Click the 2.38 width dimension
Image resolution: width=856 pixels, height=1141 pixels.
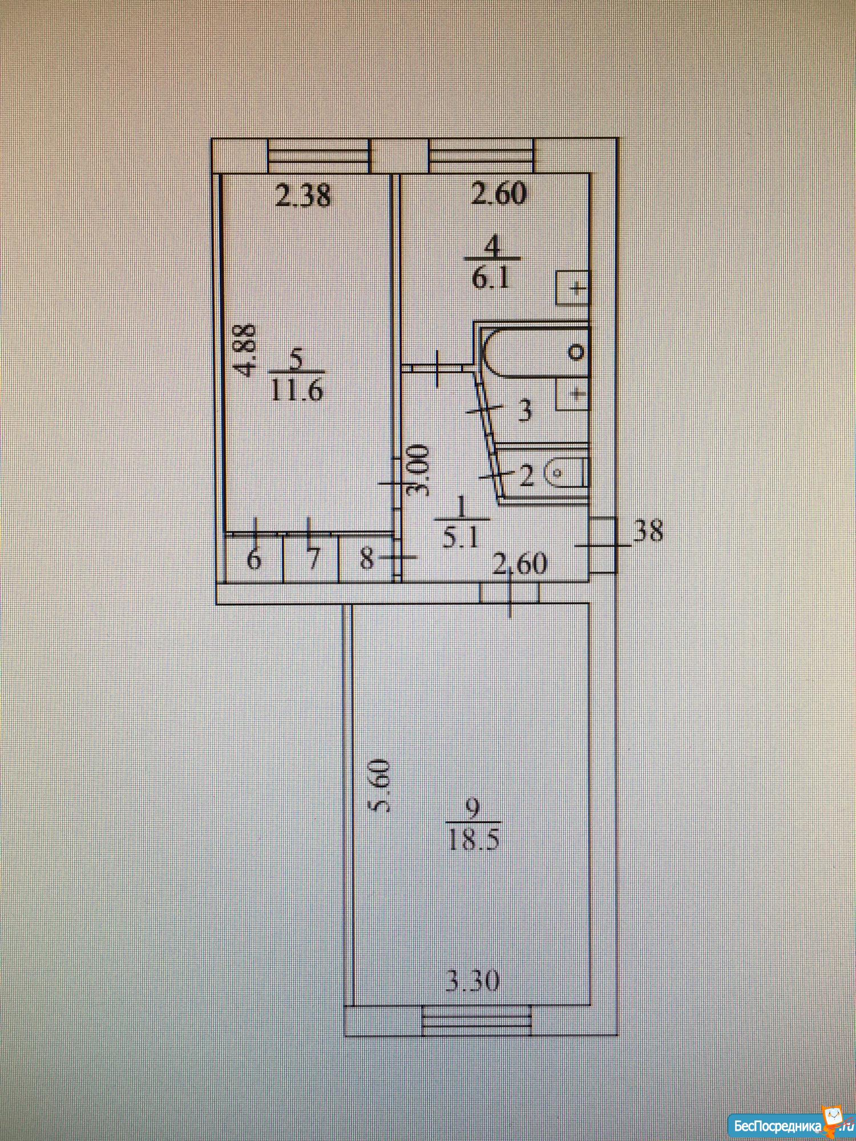(302, 196)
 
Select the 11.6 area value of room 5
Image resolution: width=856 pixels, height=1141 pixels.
(297, 391)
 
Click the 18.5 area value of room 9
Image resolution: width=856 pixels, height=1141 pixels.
(474, 839)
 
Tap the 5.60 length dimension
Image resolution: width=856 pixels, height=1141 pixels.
(379, 784)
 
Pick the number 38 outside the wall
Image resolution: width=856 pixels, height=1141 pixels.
(649, 531)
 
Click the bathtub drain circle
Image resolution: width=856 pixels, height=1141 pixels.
(577, 352)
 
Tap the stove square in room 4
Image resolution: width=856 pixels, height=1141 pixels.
(572, 288)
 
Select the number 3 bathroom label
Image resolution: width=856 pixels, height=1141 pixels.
(524, 410)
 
